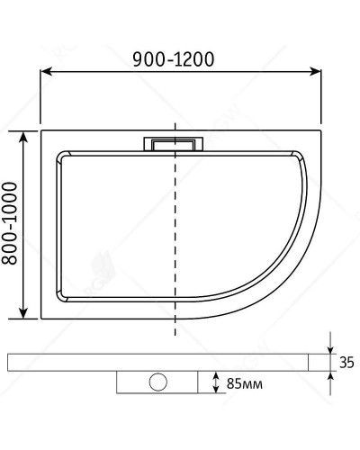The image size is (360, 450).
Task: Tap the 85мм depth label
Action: tap(244, 384)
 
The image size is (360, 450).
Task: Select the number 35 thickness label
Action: tap(346, 364)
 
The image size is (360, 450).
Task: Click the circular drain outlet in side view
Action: tap(160, 382)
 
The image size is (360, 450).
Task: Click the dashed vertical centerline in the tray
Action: tap(175, 234)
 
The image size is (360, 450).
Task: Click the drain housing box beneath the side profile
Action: tap(160, 382)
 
